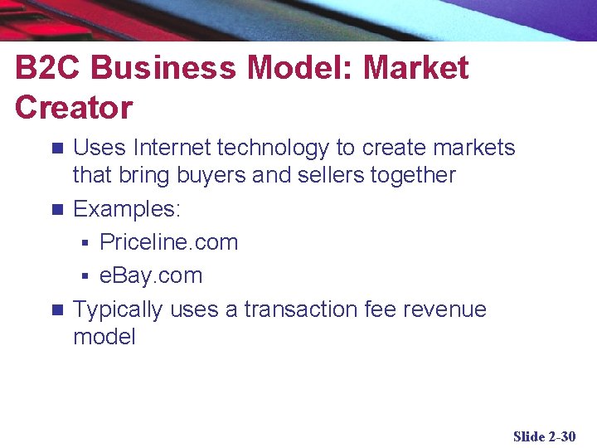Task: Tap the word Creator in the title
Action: (x=74, y=108)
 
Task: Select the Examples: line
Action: (x=127, y=209)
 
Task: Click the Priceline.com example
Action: (x=168, y=242)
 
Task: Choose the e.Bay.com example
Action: (x=151, y=275)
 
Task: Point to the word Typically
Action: (x=118, y=309)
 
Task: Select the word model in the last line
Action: (x=104, y=336)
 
